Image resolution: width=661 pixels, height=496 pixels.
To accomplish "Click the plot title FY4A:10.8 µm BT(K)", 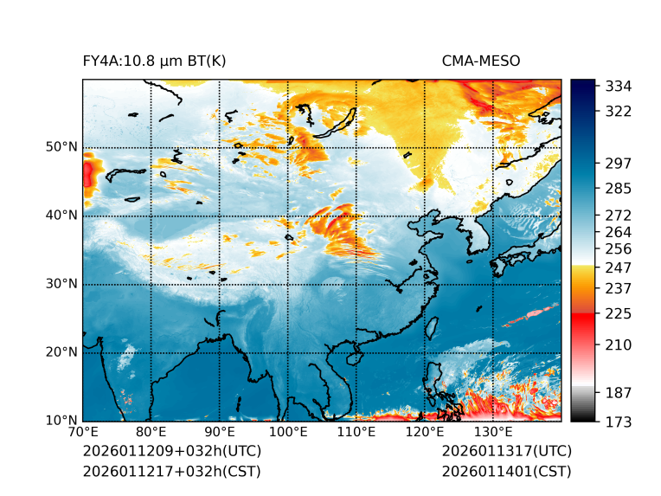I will [154, 61].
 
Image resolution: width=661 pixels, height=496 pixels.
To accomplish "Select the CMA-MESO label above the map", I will [480, 61].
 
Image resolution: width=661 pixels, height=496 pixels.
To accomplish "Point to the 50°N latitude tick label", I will [61, 147].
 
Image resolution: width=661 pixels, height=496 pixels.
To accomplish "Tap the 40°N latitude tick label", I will [61, 216].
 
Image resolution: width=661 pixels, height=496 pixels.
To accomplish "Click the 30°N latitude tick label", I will [61, 284].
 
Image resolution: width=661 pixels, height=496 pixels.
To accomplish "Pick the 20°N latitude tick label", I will [61, 352].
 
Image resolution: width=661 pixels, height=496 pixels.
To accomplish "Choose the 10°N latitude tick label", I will [61, 421].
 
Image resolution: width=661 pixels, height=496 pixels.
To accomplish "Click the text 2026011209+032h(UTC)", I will [171, 452].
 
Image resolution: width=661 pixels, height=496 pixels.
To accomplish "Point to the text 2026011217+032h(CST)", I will [171, 471].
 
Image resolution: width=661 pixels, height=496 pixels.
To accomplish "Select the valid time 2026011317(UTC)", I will [506, 452].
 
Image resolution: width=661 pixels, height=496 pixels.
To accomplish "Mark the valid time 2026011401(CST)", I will [506, 471].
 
